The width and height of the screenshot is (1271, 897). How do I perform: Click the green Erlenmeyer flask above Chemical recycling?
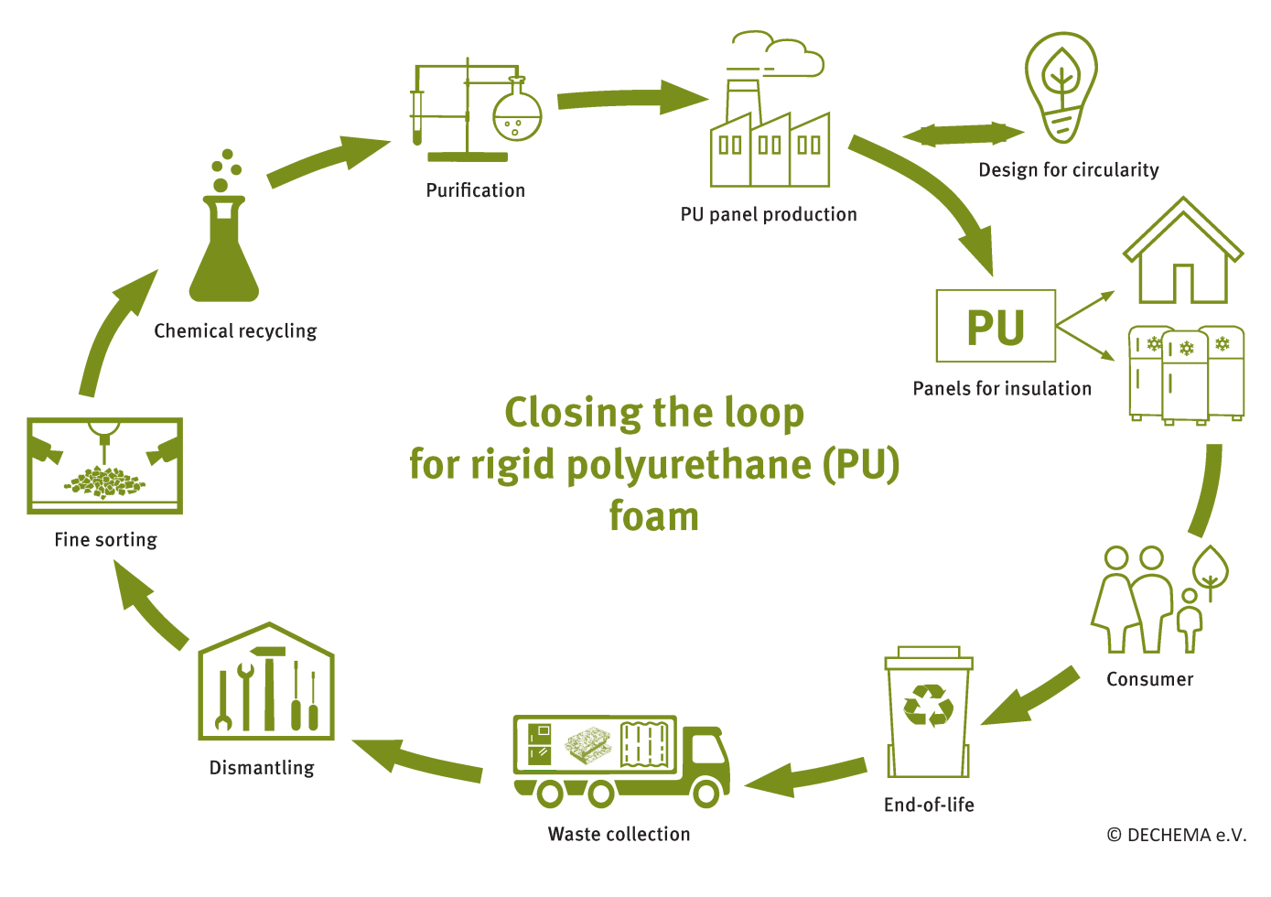[x=224, y=256]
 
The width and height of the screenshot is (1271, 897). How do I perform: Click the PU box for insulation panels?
[x=996, y=327]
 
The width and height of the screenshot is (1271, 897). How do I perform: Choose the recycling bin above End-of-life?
[x=929, y=714]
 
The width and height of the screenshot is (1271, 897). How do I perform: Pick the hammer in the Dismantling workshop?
[x=269, y=686]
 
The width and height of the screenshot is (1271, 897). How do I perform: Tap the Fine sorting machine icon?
[x=105, y=465]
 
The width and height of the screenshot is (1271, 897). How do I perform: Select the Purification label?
[x=476, y=190]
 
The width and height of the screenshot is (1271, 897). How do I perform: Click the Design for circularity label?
[x=1068, y=170]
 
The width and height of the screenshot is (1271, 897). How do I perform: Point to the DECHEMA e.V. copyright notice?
[x=1176, y=835]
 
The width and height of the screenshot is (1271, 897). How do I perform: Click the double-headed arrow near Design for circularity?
[x=964, y=135]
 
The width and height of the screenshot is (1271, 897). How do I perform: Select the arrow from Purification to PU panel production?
[x=631, y=98]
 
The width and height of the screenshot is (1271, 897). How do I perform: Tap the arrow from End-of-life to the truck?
[x=805, y=776]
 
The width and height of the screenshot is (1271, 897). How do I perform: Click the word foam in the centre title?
[x=654, y=516]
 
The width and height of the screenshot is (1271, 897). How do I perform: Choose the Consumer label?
[x=1149, y=679]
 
